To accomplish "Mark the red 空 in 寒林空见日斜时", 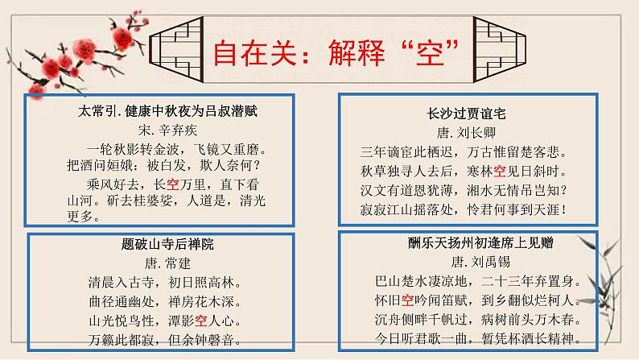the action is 499,171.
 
